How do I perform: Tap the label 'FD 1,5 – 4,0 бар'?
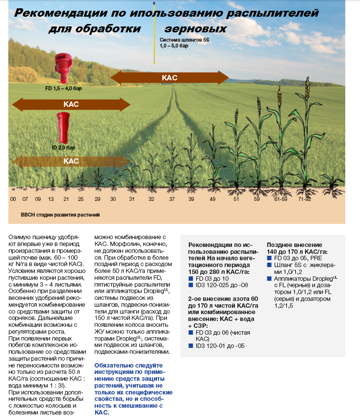tap(62, 90)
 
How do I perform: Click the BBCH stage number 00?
tap(13, 199)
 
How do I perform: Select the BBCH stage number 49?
tap(212, 199)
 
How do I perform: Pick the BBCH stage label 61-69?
tap(281, 199)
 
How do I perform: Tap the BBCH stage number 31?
tap(131, 199)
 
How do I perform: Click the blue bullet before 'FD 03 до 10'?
tap(191, 278)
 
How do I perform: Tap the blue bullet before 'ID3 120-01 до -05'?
tap(191, 346)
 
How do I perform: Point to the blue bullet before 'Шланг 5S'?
tap(269, 265)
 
